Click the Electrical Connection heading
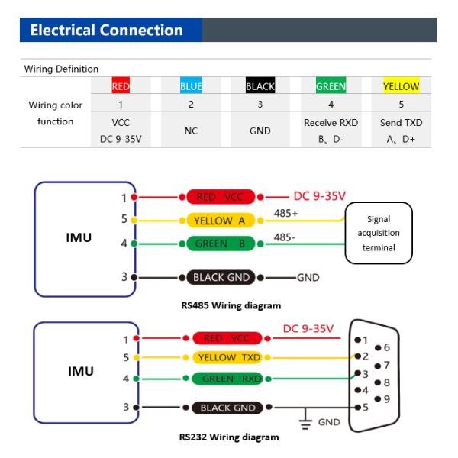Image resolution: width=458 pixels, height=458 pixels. click(x=106, y=31)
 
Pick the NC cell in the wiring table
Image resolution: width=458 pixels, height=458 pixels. click(x=191, y=131)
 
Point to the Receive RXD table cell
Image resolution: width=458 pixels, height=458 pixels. click(x=331, y=122)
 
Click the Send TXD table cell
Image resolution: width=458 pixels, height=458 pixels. click(x=401, y=122)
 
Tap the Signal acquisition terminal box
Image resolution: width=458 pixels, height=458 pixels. click(x=379, y=232)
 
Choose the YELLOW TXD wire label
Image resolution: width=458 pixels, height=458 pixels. click(x=227, y=357)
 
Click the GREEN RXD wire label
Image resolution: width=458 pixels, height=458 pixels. click(x=227, y=378)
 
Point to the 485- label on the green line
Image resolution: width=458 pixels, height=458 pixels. click(x=285, y=237)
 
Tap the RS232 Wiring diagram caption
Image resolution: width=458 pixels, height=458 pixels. click(x=228, y=437)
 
